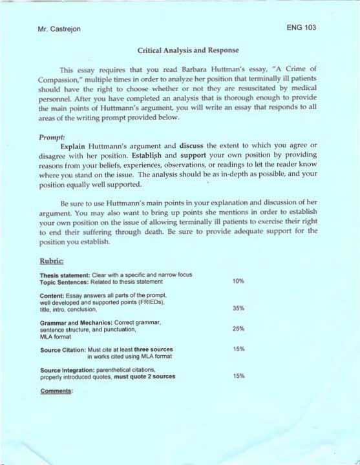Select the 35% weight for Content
238,308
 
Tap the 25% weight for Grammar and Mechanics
238,329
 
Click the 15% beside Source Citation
238,349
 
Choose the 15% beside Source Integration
238,375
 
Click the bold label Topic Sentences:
67,282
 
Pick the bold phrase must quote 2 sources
144,376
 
